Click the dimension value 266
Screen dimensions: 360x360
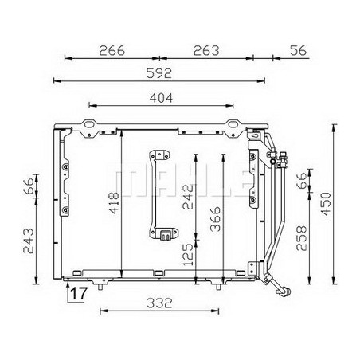coord(112,50)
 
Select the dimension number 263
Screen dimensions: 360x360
coord(206,50)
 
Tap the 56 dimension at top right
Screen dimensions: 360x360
coord(298,50)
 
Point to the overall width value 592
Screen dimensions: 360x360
coord(159,73)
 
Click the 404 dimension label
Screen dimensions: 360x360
coord(161,98)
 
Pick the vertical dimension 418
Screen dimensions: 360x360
coord(115,203)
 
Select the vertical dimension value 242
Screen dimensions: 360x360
coord(188,197)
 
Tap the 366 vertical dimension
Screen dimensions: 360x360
coord(215,219)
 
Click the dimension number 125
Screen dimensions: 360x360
coord(188,255)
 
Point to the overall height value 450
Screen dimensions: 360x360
coord(327,204)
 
